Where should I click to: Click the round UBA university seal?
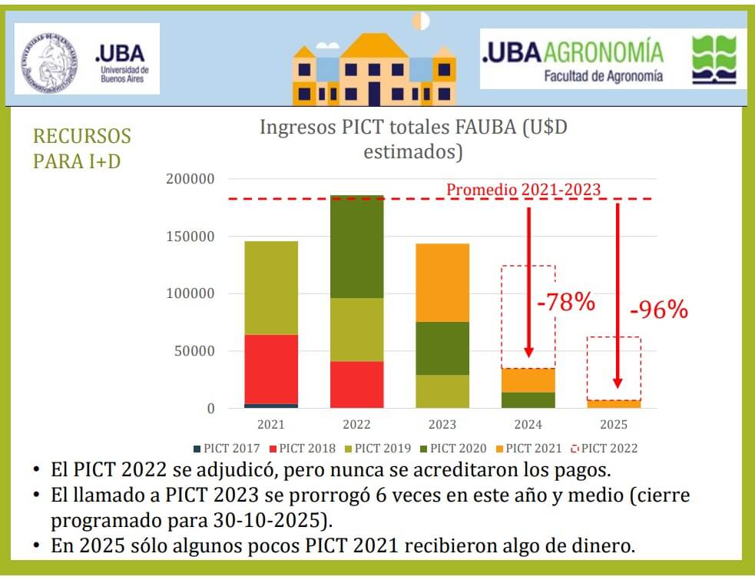pyautogui.click(x=50, y=59)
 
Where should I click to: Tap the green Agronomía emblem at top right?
pyautogui.click(x=714, y=59)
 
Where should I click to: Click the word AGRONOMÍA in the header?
pyautogui.click(x=603, y=52)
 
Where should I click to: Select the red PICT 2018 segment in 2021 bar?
pyautogui.click(x=271, y=369)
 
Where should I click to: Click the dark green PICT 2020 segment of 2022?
pyautogui.click(x=356, y=247)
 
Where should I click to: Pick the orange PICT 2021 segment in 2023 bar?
pyautogui.click(x=442, y=283)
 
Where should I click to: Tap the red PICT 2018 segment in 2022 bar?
pyautogui.click(x=356, y=384)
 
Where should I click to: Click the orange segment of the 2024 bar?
pyautogui.click(x=528, y=380)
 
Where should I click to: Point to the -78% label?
pyautogui.click(x=566, y=302)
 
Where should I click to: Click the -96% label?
pyautogui.click(x=658, y=310)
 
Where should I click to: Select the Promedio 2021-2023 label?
pyautogui.click(x=523, y=189)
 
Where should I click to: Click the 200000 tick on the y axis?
pyautogui.click(x=190, y=179)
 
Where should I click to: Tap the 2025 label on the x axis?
pyautogui.click(x=614, y=424)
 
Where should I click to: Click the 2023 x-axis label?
pyautogui.click(x=442, y=424)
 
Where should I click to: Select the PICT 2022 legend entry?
pyautogui.click(x=604, y=449)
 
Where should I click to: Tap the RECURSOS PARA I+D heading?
pyautogui.click(x=81, y=149)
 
